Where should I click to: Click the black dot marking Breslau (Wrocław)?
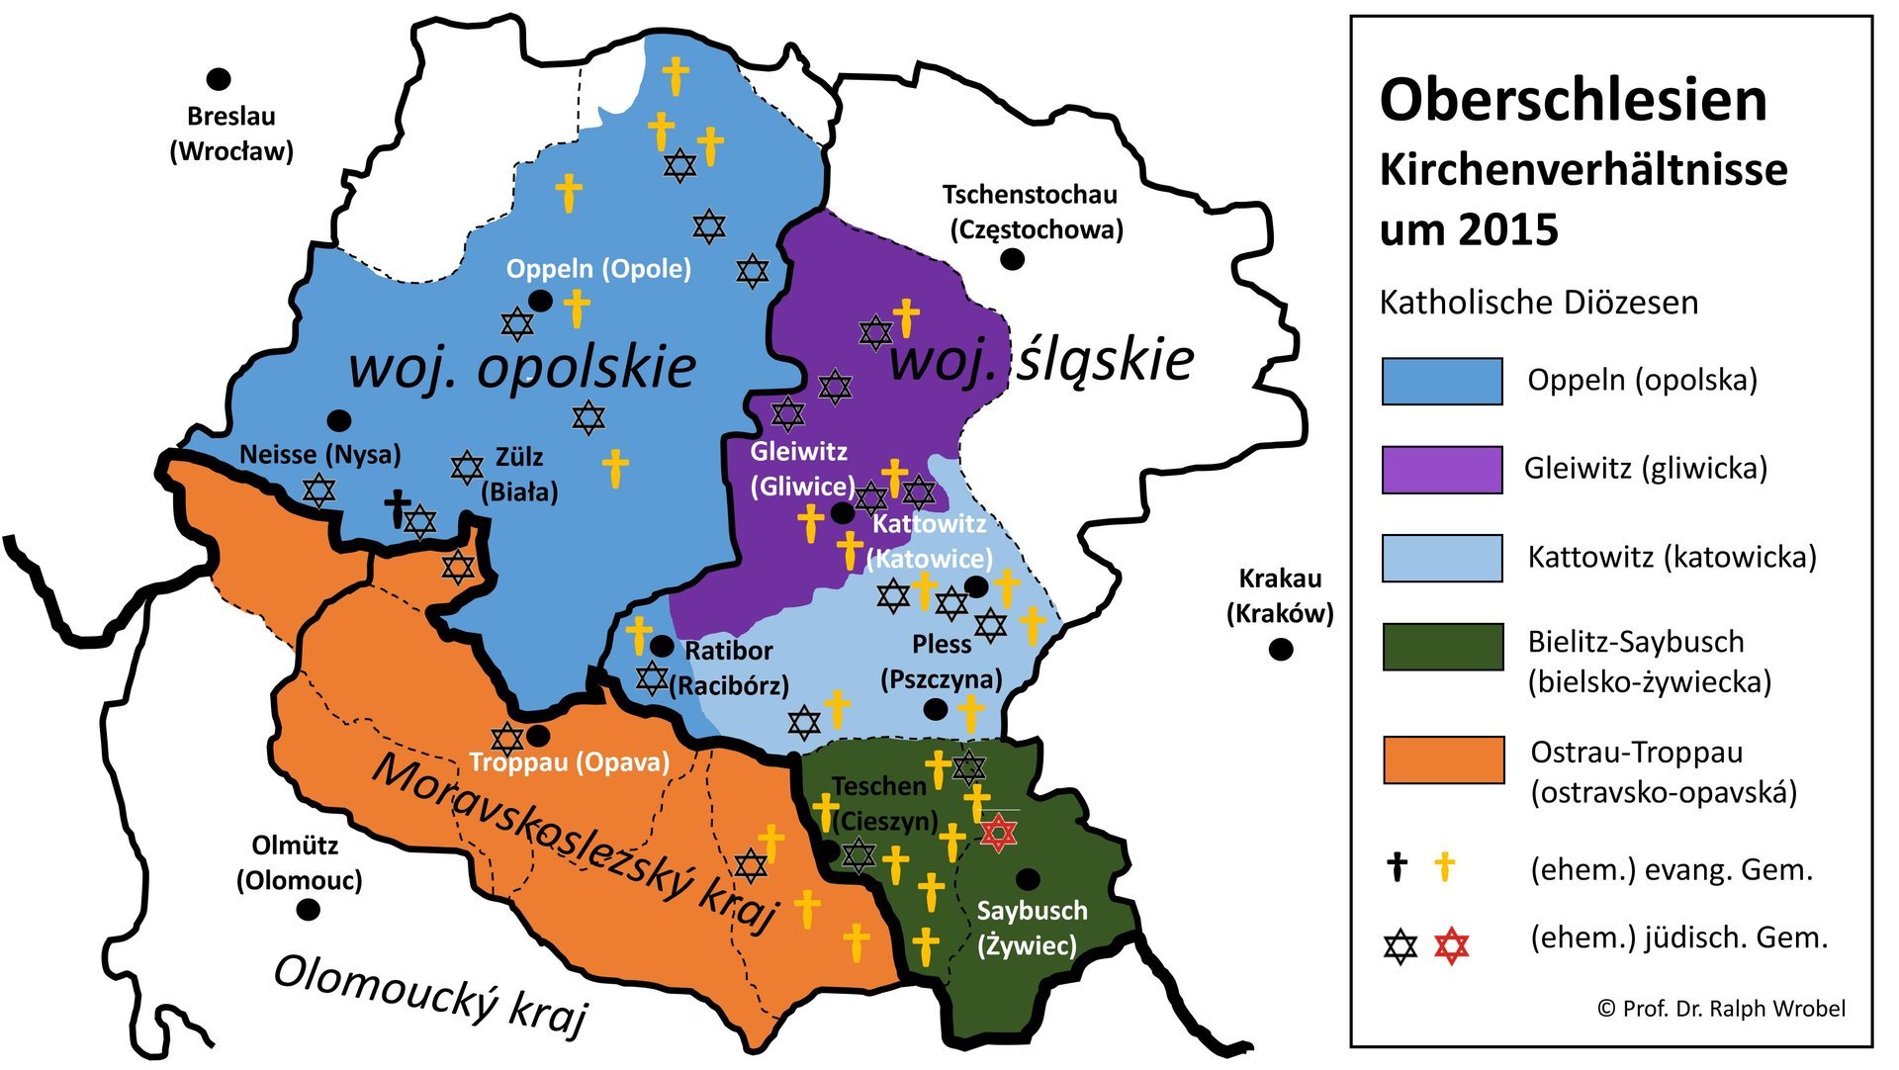coord(219,79)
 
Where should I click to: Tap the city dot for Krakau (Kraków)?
coord(1281,650)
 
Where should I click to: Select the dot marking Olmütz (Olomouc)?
coord(309,909)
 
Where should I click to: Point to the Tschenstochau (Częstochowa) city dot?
coord(1012,259)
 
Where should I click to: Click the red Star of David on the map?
coord(998,833)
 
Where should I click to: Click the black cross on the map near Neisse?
coord(398,507)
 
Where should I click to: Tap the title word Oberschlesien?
coord(1573,100)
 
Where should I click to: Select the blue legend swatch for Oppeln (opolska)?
coord(1441,381)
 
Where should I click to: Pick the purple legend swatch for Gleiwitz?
coord(1441,469)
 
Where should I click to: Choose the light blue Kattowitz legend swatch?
coord(1441,558)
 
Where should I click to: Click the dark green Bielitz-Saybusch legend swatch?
coord(1443,648)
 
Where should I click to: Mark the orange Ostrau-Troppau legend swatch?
coord(1443,759)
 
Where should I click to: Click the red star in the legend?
coord(1451,946)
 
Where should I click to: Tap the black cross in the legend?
coord(1397,867)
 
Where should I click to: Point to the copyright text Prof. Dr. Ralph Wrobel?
coord(1721,1008)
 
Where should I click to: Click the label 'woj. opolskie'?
coord(522,367)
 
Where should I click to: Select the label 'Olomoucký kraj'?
coord(429,993)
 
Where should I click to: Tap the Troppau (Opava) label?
coord(569,762)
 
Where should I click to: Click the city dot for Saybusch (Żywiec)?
coord(1028,878)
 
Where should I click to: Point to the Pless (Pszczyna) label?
coord(941,662)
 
